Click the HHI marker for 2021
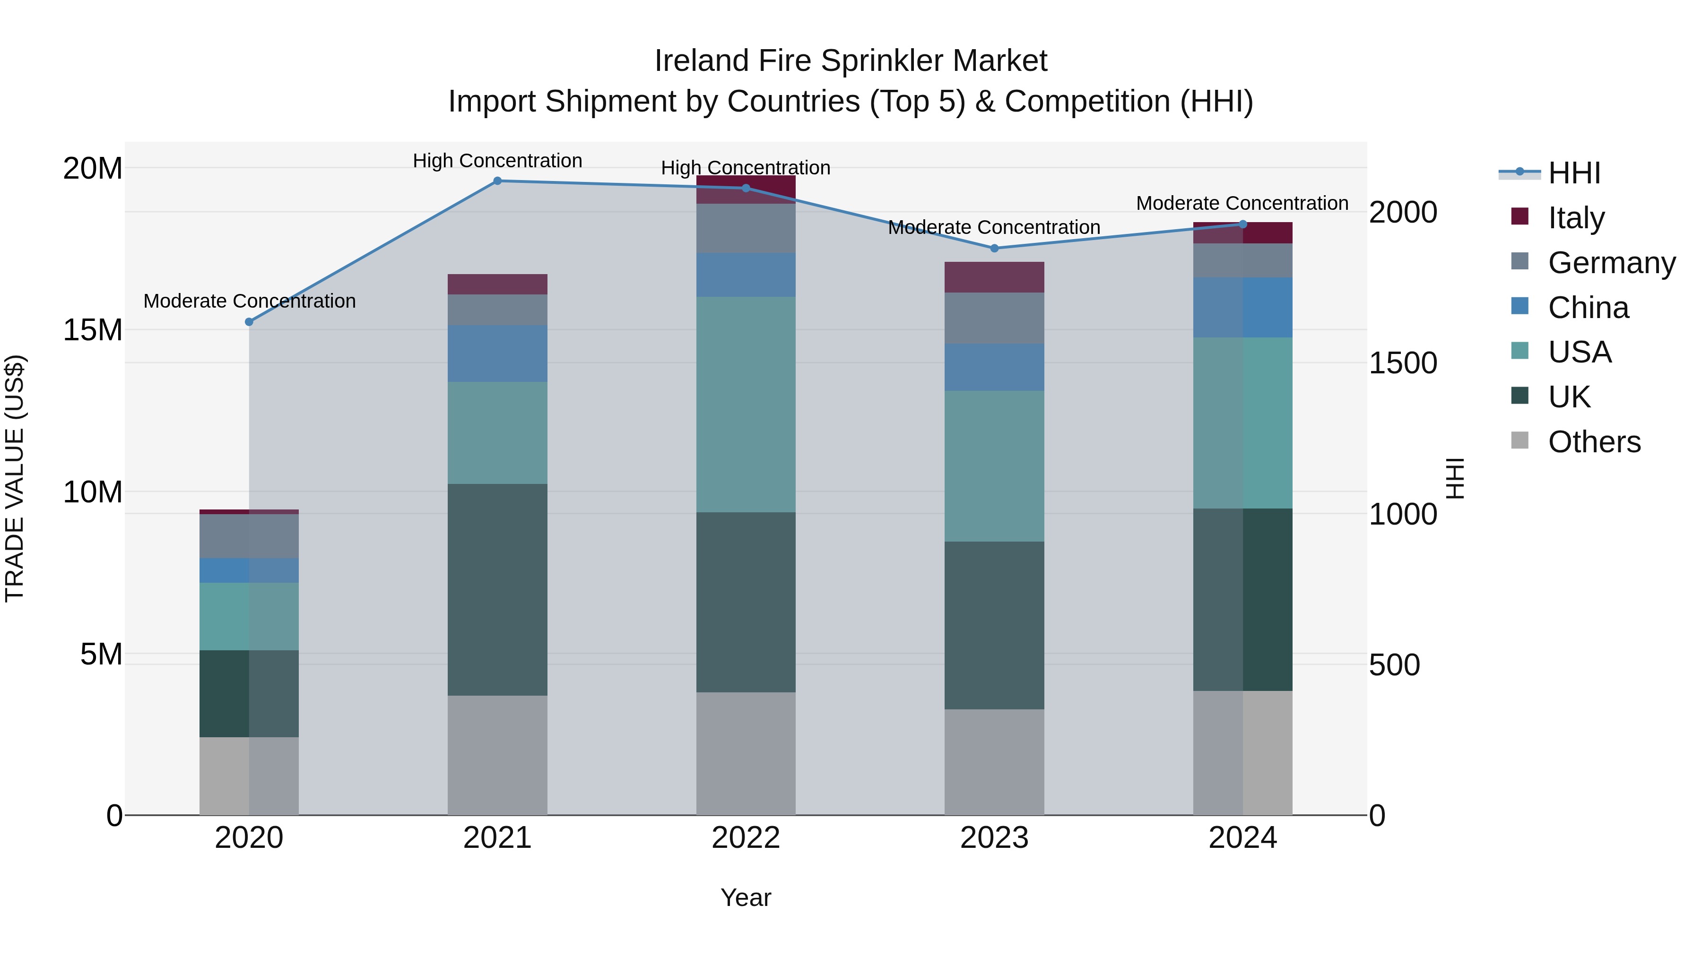[x=497, y=181]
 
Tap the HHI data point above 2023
[x=994, y=248]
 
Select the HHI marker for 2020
[x=249, y=322]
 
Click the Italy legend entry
[x=1575, y=218]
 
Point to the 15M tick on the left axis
[x=93, y=329]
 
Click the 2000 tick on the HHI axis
[x=1402, y=212]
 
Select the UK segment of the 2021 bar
[x=497, y=589]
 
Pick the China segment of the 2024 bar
[x=1242, y=308]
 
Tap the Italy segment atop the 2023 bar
[x=994, y=277]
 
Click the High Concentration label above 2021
[x=497, y=161]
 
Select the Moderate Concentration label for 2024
[x=1242, y=203]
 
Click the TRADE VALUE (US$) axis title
[x=15, y=478]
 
